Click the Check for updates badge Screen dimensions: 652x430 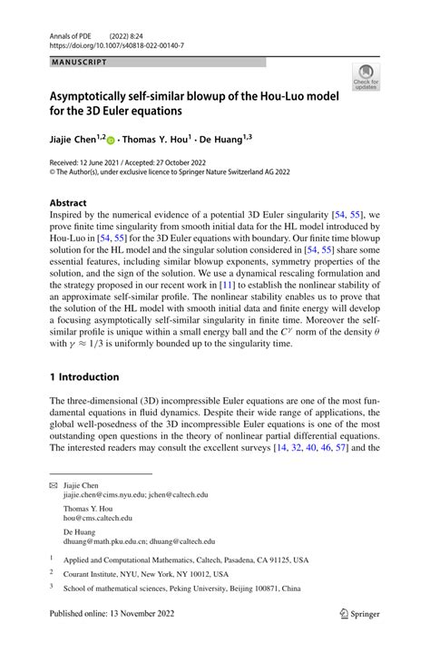(x=367, y=78)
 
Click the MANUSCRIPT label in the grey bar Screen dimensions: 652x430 (x=78, y=63)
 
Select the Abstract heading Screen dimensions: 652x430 (x=69, y=203)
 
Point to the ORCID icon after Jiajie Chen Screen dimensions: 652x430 (x=111, y=141)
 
